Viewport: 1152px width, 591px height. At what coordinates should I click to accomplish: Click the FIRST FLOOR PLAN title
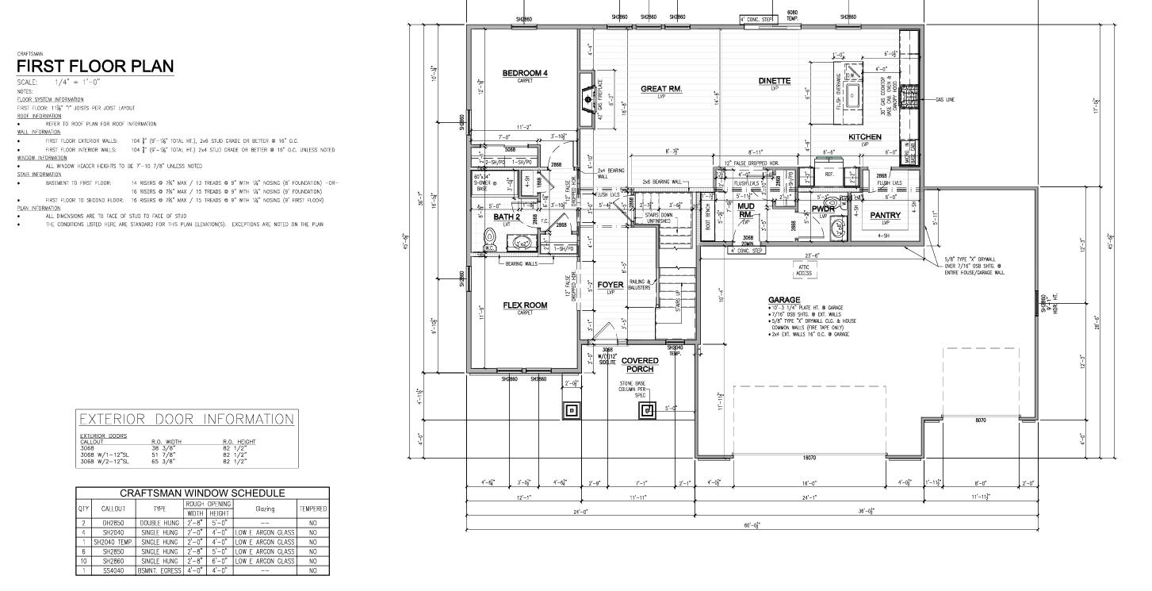tap(94, 66)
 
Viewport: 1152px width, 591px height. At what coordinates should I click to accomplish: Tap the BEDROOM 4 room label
tap(525, 73)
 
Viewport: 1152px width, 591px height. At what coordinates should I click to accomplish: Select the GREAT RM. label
tap(661, 89)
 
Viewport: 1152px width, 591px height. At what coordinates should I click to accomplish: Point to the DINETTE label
tap(774, 81)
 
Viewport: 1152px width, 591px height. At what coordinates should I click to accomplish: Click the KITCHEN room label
tap(865, 137)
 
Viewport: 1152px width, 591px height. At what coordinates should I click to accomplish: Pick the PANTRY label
tap(885, 215)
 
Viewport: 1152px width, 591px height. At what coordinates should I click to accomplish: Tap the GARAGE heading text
tap(783, 300)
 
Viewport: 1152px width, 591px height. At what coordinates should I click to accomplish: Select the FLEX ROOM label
tap(525, 305)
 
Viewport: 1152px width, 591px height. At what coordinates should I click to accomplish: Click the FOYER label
tap(610, 285)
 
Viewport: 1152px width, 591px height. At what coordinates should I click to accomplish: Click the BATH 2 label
tap(507, 217)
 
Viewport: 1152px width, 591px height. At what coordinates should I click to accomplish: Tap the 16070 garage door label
tap(809, 458)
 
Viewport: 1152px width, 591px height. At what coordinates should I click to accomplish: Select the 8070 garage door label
tap(980, 420)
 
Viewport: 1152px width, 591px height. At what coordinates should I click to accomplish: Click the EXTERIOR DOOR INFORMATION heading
tap(186, 419)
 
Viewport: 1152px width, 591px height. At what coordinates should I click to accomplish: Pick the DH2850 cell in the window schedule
tap(114, 524)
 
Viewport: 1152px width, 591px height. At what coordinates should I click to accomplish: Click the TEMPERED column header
tap(312, 508)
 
